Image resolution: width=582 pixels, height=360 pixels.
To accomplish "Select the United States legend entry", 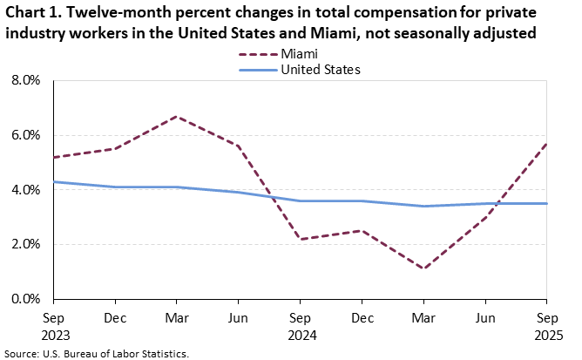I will (320, 69).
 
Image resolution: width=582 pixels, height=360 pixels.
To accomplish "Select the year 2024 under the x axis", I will (301, 335).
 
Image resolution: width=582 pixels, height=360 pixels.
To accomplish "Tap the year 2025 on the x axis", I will (547, 335).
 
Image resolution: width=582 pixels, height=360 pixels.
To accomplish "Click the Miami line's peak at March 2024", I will (178, 116).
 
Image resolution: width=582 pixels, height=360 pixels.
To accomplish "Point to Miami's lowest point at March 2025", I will (423, 268).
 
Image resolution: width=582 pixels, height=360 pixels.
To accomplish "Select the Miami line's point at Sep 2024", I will (301, 239).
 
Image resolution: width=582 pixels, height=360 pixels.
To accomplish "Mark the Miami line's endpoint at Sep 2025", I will (546, 144).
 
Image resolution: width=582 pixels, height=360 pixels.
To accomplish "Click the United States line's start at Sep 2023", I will (54, 181).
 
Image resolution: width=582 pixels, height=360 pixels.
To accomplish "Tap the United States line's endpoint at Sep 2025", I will (546, 203).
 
